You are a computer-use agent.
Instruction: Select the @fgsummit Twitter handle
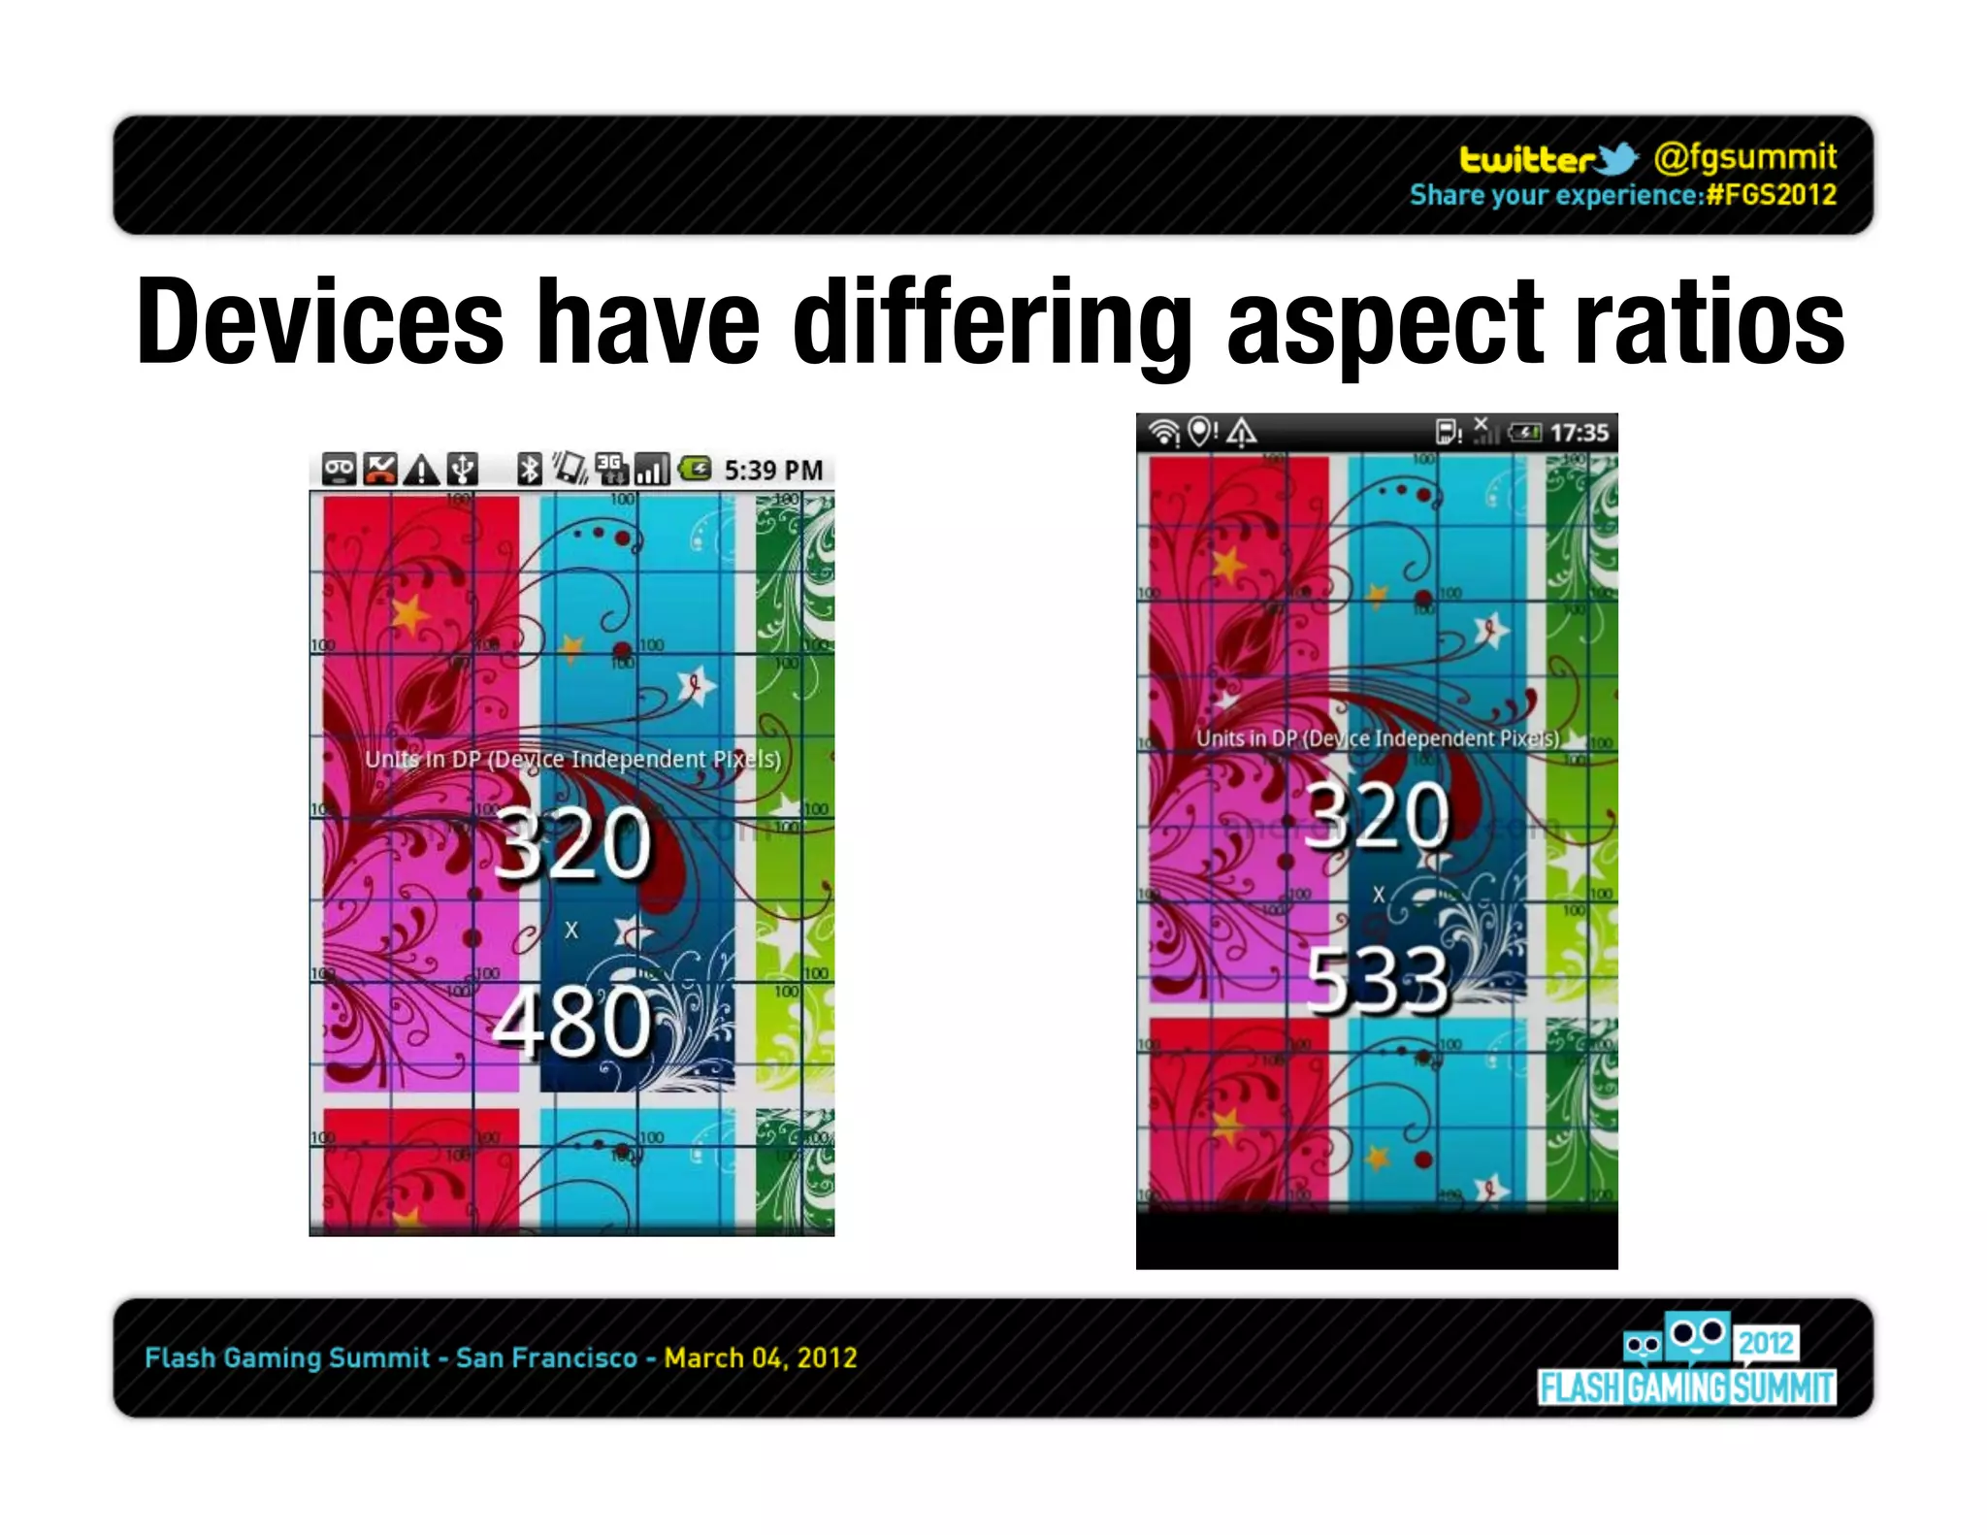[x=1744, y=156]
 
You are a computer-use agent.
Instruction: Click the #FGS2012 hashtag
[x=1772, y=195]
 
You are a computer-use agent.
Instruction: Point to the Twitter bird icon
[x=1615, y=158]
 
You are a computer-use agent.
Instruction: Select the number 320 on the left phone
[x=572, y=843]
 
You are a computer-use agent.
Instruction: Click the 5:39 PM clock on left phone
[x=773, y=471]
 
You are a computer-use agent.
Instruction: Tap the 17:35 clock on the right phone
[x=1579, y=433]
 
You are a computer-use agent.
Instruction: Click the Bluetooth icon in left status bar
[x=529, y=470]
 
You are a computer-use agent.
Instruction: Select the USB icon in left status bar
[x=463, y=470]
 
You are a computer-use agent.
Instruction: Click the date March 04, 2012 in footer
[x=761, y=1357]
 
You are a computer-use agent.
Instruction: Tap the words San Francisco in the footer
[x=546, y=1357]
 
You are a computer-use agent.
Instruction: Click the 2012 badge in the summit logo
[x=1766, y=1343]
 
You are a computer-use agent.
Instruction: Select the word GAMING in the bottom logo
[x=1678, y=1388]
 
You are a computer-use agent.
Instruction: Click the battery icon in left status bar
[x=695, y=470]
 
